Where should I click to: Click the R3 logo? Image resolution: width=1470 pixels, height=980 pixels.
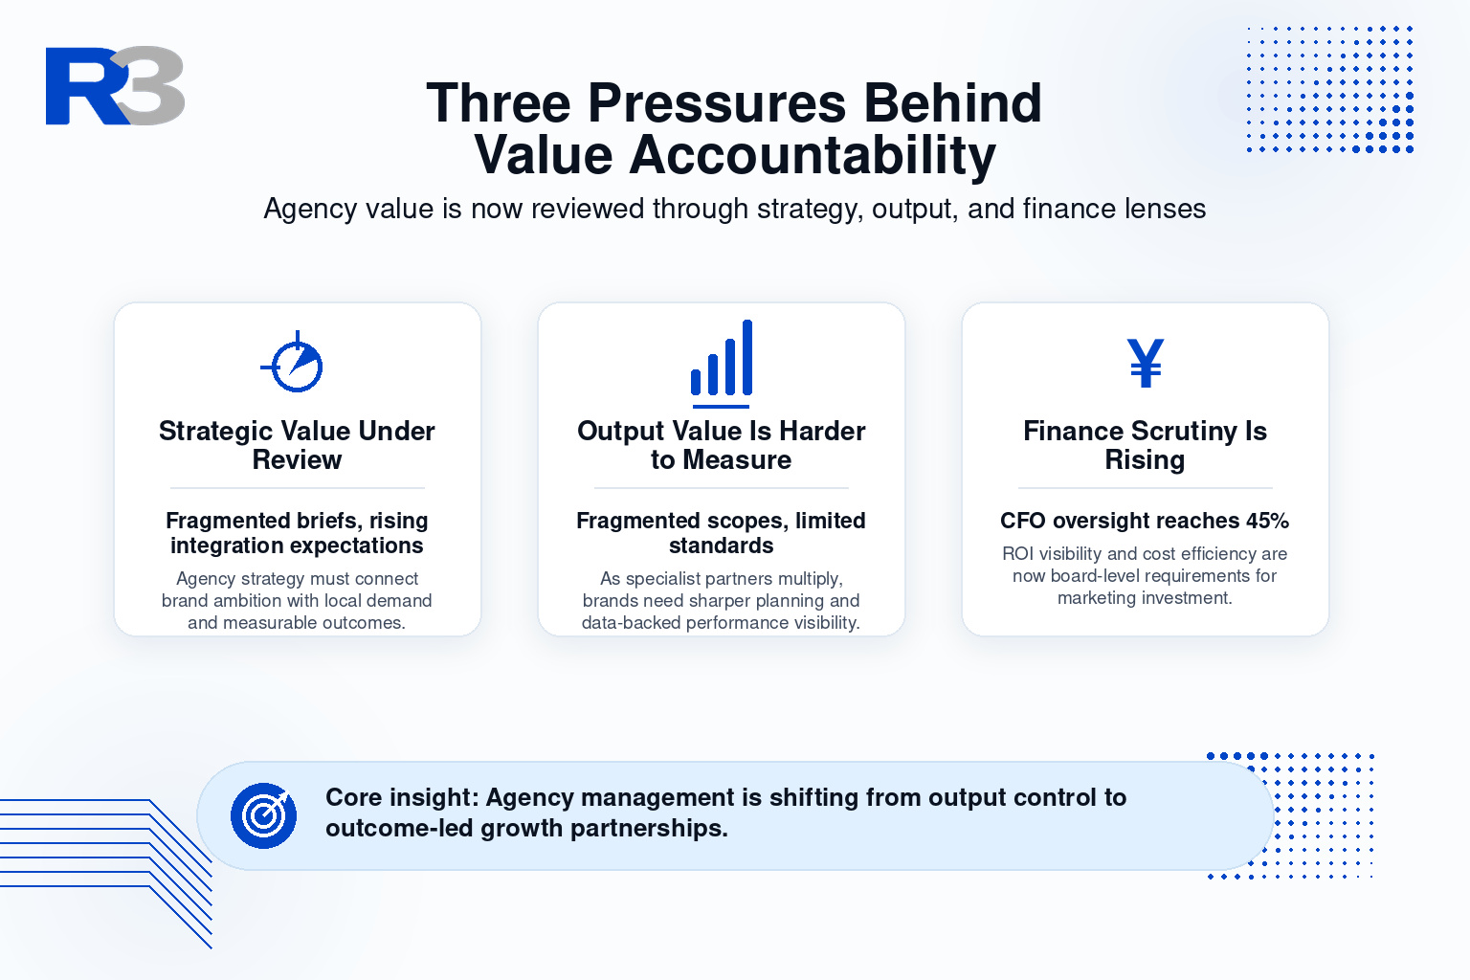(x=115, y=85)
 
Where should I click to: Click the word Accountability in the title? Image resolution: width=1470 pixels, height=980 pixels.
(x=813, y=155)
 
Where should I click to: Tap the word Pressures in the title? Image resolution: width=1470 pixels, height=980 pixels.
(x=717, y=103)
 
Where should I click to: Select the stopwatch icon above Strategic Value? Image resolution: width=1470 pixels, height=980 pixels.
(x=293, y=362)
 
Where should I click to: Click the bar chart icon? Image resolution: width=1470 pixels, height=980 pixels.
(x=722, y=364)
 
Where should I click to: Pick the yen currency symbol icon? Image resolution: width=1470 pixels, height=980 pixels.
(x=1146, y=363)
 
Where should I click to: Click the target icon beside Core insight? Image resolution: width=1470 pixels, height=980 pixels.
(x=263, y=816)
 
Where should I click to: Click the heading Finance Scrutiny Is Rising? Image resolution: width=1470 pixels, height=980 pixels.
(x=1146, y=445)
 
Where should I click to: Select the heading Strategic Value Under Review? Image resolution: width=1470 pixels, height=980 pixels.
(x=298, y=445)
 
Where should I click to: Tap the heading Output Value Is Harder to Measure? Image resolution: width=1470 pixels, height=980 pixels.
(x=722, y=445)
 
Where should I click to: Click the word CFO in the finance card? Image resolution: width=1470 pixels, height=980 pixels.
(x=1022, y=521)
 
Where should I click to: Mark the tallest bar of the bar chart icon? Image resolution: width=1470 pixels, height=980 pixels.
(x=746, y=356)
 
